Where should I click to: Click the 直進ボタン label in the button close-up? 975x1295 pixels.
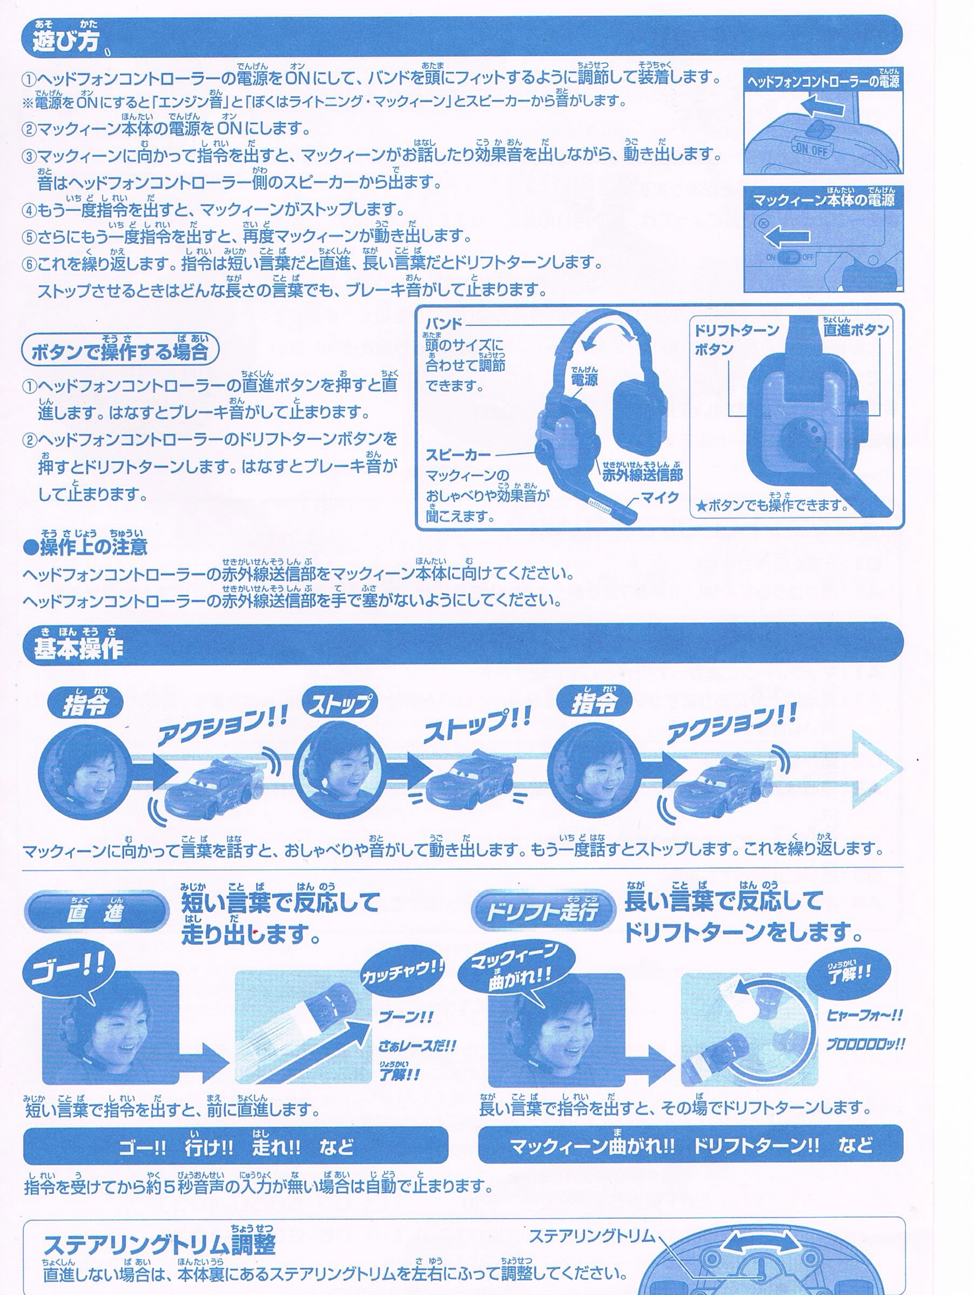(856, 330)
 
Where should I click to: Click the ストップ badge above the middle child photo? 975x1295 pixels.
(339, 703)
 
